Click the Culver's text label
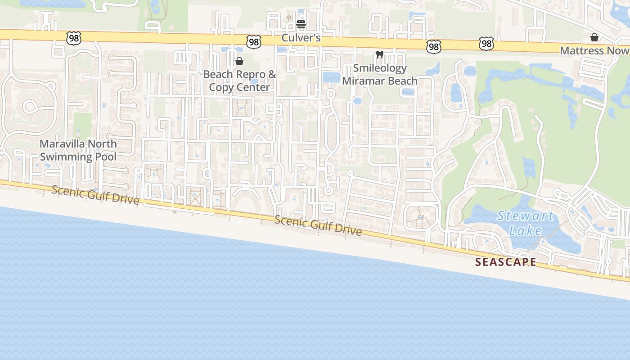[x=301, y=38]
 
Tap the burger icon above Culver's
[x=301, y=24]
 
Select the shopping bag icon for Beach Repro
[x=239, y=61]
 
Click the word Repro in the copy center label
[x=252, y=74]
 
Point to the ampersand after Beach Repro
[x=272, y=74]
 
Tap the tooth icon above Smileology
[x=379, y=55]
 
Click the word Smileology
[x=380, y=68]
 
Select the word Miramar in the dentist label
[x=362, y=81]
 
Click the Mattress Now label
[x=594, y=50]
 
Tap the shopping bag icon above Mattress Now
[x=594, y=37]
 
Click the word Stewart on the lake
[x=525, y=216]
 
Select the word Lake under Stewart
[x=525, y=231]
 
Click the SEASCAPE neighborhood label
[x=506, y=262]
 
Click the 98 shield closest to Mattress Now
[x=486, y=44]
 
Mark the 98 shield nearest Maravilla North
[x=73, y=38]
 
